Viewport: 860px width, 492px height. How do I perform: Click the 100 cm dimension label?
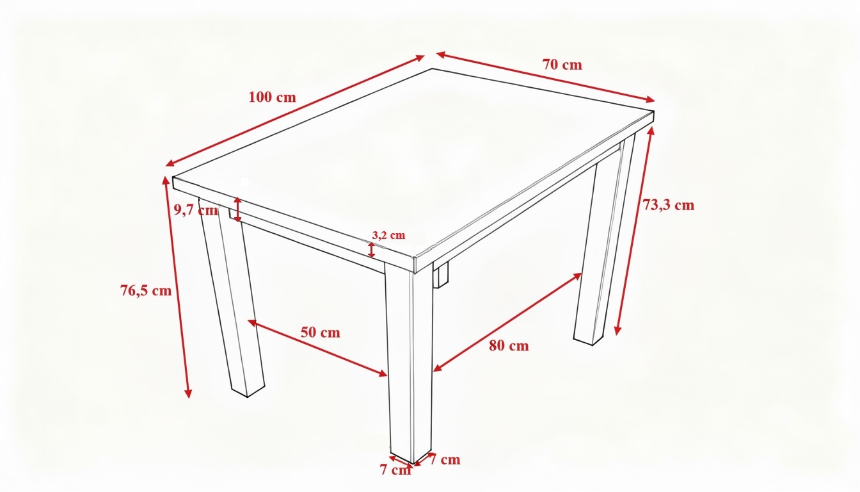coord(272,97)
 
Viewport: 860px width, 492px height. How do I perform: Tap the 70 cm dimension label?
coord(562,65)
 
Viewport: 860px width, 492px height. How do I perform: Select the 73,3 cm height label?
coord(669,205)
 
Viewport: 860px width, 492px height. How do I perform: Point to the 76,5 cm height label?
coord(146,291)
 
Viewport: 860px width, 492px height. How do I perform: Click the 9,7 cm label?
coord(196,210)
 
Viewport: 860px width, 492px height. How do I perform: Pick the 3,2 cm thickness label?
coord(388,235)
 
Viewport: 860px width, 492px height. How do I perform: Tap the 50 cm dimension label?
coord(320,332)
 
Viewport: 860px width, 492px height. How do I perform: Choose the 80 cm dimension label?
coord(509,345)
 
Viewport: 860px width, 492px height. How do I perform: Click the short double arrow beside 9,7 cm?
coord(237,209)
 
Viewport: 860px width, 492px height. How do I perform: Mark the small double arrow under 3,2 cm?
coord(371,250)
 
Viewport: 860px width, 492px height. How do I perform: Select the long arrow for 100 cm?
coord(295,111)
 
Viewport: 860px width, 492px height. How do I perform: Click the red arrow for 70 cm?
coord(546,77)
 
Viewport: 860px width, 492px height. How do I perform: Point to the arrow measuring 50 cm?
coord(317,348)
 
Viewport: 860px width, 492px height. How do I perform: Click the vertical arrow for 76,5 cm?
coord(177,287)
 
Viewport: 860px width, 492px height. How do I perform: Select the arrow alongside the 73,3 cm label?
coord(633,231)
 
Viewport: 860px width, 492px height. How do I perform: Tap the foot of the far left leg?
coord(248,388)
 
